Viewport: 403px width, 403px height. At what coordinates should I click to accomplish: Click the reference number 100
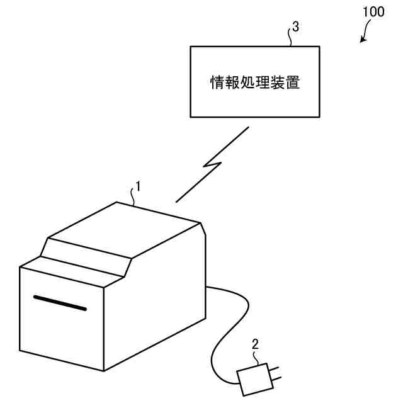373,13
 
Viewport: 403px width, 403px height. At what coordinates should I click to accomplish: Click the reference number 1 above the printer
138,186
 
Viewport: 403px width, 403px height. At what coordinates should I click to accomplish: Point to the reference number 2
255,344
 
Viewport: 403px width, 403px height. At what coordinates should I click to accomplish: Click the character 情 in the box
217,83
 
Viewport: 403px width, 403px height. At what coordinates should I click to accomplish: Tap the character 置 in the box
293,83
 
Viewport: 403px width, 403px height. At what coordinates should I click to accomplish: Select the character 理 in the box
262,83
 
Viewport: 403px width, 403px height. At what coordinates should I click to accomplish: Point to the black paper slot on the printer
60,302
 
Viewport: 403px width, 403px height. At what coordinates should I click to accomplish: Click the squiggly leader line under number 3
290,39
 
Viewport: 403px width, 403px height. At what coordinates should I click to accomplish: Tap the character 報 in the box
232,83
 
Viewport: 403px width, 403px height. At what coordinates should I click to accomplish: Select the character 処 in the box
247,83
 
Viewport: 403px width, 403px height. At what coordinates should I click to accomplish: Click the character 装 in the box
278,83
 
